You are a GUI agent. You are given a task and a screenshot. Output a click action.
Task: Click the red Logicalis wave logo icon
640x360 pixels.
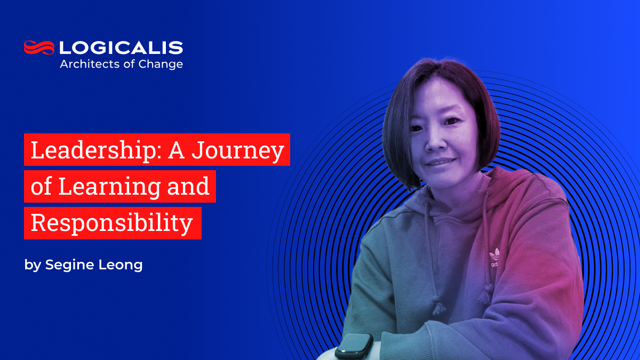(39, 47)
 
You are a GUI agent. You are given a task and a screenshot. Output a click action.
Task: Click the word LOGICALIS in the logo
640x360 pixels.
(121, 48)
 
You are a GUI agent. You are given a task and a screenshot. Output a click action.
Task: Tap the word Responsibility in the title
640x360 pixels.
(111, 223)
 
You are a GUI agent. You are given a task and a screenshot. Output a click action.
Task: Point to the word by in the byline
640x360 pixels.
(32, 265)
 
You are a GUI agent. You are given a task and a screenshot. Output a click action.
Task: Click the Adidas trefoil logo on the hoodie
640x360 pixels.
(494, 254)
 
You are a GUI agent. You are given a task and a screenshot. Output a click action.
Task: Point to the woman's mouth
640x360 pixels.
(441, 161)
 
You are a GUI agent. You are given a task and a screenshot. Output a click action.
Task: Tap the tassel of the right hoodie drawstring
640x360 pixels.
(485, 292)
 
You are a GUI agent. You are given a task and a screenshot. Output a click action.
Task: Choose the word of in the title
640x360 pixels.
(41, 186)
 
